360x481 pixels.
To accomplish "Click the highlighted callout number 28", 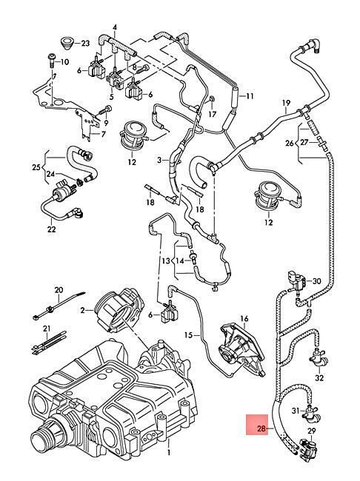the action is coord(261,428).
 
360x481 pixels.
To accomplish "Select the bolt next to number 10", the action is coord(51,61).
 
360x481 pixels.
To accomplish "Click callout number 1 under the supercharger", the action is coord(168,452).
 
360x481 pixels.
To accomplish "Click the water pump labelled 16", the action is coord(241,350).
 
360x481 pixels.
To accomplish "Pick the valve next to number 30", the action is coord(296,281).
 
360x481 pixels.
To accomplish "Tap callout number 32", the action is coord(319,377).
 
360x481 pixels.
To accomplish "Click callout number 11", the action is coord(250,96).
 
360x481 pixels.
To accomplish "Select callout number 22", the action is coord(51,229).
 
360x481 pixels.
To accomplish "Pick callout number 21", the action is coord(47,329).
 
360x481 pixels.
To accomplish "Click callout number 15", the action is coord(189,334).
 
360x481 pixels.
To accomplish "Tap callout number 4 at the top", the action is coord(115,27).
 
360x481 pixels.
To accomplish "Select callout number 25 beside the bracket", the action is coord(36,167).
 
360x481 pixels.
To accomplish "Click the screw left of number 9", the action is coord(103,112).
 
